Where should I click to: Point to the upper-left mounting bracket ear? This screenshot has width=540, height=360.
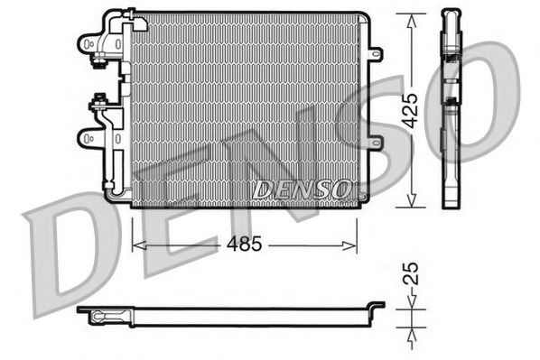pyautogui.click(x=88, y=43)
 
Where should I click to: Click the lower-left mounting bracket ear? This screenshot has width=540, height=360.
pyautogui.click(x=88, y=139)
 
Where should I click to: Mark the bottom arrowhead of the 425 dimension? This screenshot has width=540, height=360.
pyautogui.click(x=412, y=203)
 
